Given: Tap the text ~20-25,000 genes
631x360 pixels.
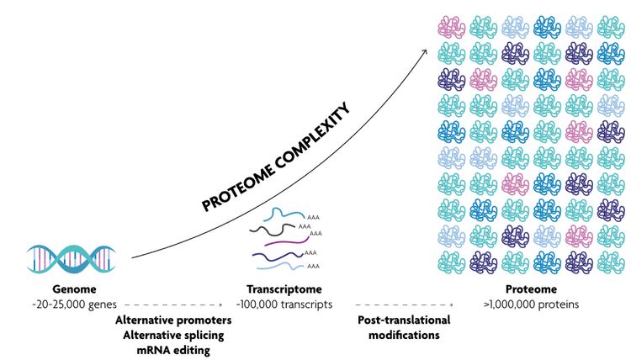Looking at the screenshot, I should coord(75,304).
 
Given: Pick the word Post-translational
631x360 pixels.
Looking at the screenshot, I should coord(404,320).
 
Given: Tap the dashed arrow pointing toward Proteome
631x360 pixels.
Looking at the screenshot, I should coord(404,304).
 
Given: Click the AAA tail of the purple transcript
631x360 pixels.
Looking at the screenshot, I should coord(317,234).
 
